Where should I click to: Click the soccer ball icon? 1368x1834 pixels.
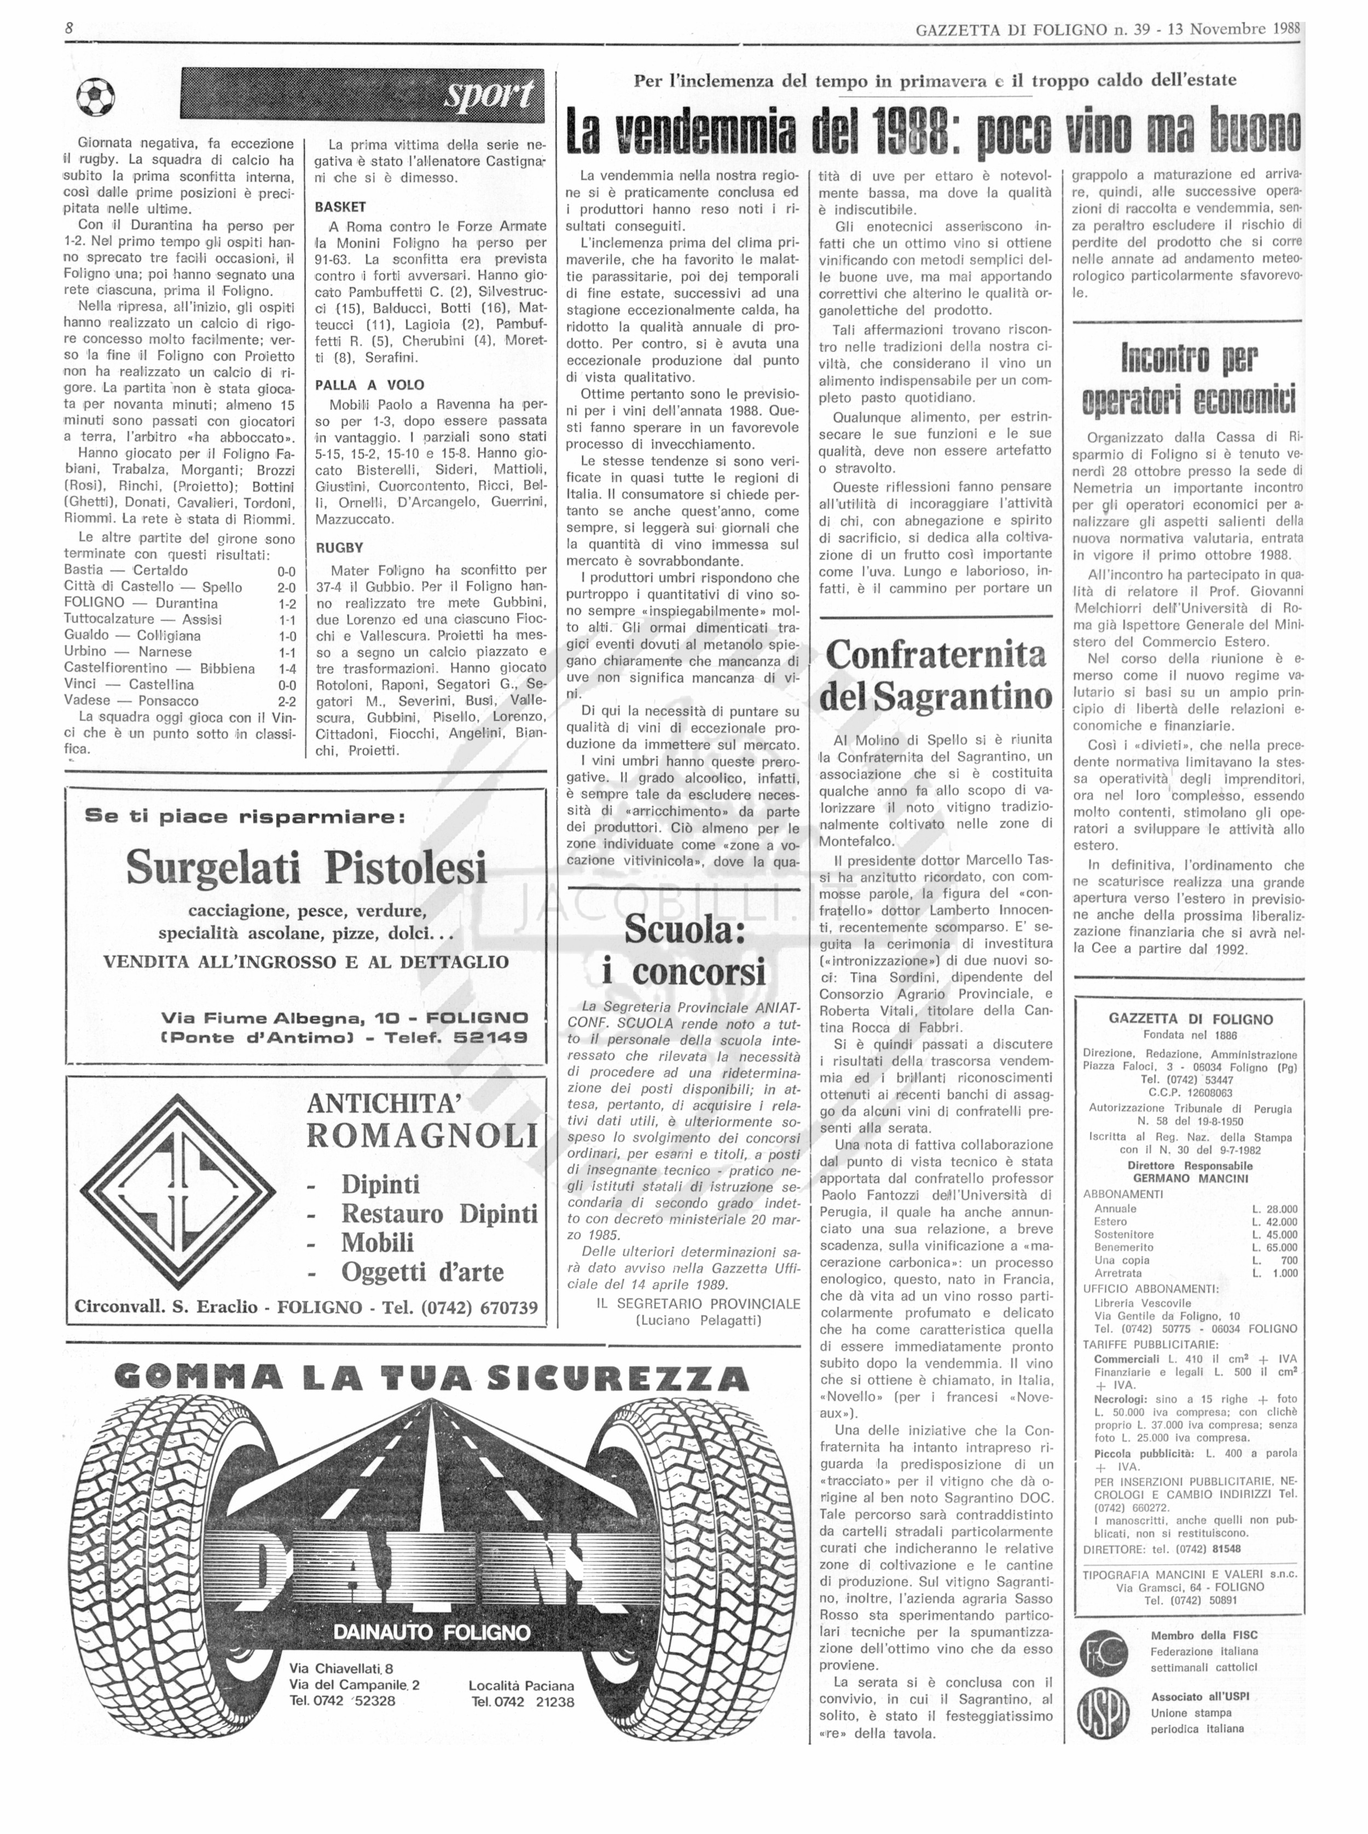[x=95, y=98]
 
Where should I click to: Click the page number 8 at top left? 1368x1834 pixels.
[x=69, y=28]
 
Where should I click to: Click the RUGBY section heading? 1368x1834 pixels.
[x=339, y=547]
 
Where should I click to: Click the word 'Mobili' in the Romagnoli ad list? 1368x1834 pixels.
[x=377, y=1242]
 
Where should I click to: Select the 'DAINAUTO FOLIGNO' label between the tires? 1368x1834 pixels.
[x=431, y=1632]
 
